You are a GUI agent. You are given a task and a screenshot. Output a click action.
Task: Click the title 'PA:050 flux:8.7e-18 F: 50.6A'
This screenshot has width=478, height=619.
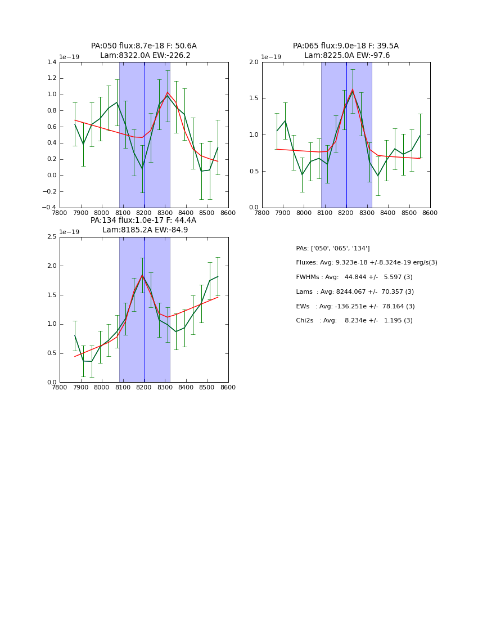tap(144, 46)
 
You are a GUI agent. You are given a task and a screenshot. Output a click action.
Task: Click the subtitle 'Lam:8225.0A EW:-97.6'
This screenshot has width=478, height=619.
tap(347, 56)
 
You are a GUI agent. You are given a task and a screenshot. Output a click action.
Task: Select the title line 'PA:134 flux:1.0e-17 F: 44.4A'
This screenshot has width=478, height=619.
tap(143, 221)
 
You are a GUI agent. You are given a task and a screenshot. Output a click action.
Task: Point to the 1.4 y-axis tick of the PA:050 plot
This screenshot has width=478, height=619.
tap(52, 62)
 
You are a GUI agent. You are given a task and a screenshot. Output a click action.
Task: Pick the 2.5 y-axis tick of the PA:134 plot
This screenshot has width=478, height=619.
tap(52, 237)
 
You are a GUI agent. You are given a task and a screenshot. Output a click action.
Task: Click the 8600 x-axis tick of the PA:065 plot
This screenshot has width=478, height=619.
tap(430, 213)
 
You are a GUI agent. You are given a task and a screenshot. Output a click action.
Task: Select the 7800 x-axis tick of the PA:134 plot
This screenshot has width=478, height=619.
tap(60, 388)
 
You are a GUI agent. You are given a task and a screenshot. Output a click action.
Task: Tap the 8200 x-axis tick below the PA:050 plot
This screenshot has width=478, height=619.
tap(144, 213)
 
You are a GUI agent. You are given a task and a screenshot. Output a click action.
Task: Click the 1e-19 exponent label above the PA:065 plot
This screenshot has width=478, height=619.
tap(271, 57)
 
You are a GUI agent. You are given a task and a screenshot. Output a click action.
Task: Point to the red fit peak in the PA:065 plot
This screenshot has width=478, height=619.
tap(353, 89)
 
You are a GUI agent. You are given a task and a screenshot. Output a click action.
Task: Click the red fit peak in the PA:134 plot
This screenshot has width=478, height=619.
tap(142, 275)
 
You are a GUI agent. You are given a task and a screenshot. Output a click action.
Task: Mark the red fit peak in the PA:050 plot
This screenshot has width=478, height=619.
tap(168, 92)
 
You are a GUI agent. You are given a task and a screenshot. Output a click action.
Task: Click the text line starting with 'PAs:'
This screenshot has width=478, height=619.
tap(333, 249)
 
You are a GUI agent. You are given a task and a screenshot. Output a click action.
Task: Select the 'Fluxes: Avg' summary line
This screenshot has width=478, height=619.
tap(366, 263)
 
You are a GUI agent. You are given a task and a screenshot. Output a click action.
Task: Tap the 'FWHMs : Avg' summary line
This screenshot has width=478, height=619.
tap(354, 277)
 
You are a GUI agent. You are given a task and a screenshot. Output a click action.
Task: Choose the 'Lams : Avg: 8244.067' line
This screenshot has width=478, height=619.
tap(355, 292)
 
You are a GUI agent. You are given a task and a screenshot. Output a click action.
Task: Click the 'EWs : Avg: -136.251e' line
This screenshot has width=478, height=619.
tap(354, 306)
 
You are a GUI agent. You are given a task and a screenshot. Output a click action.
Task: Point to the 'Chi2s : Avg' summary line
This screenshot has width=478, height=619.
tap(354, 321)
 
